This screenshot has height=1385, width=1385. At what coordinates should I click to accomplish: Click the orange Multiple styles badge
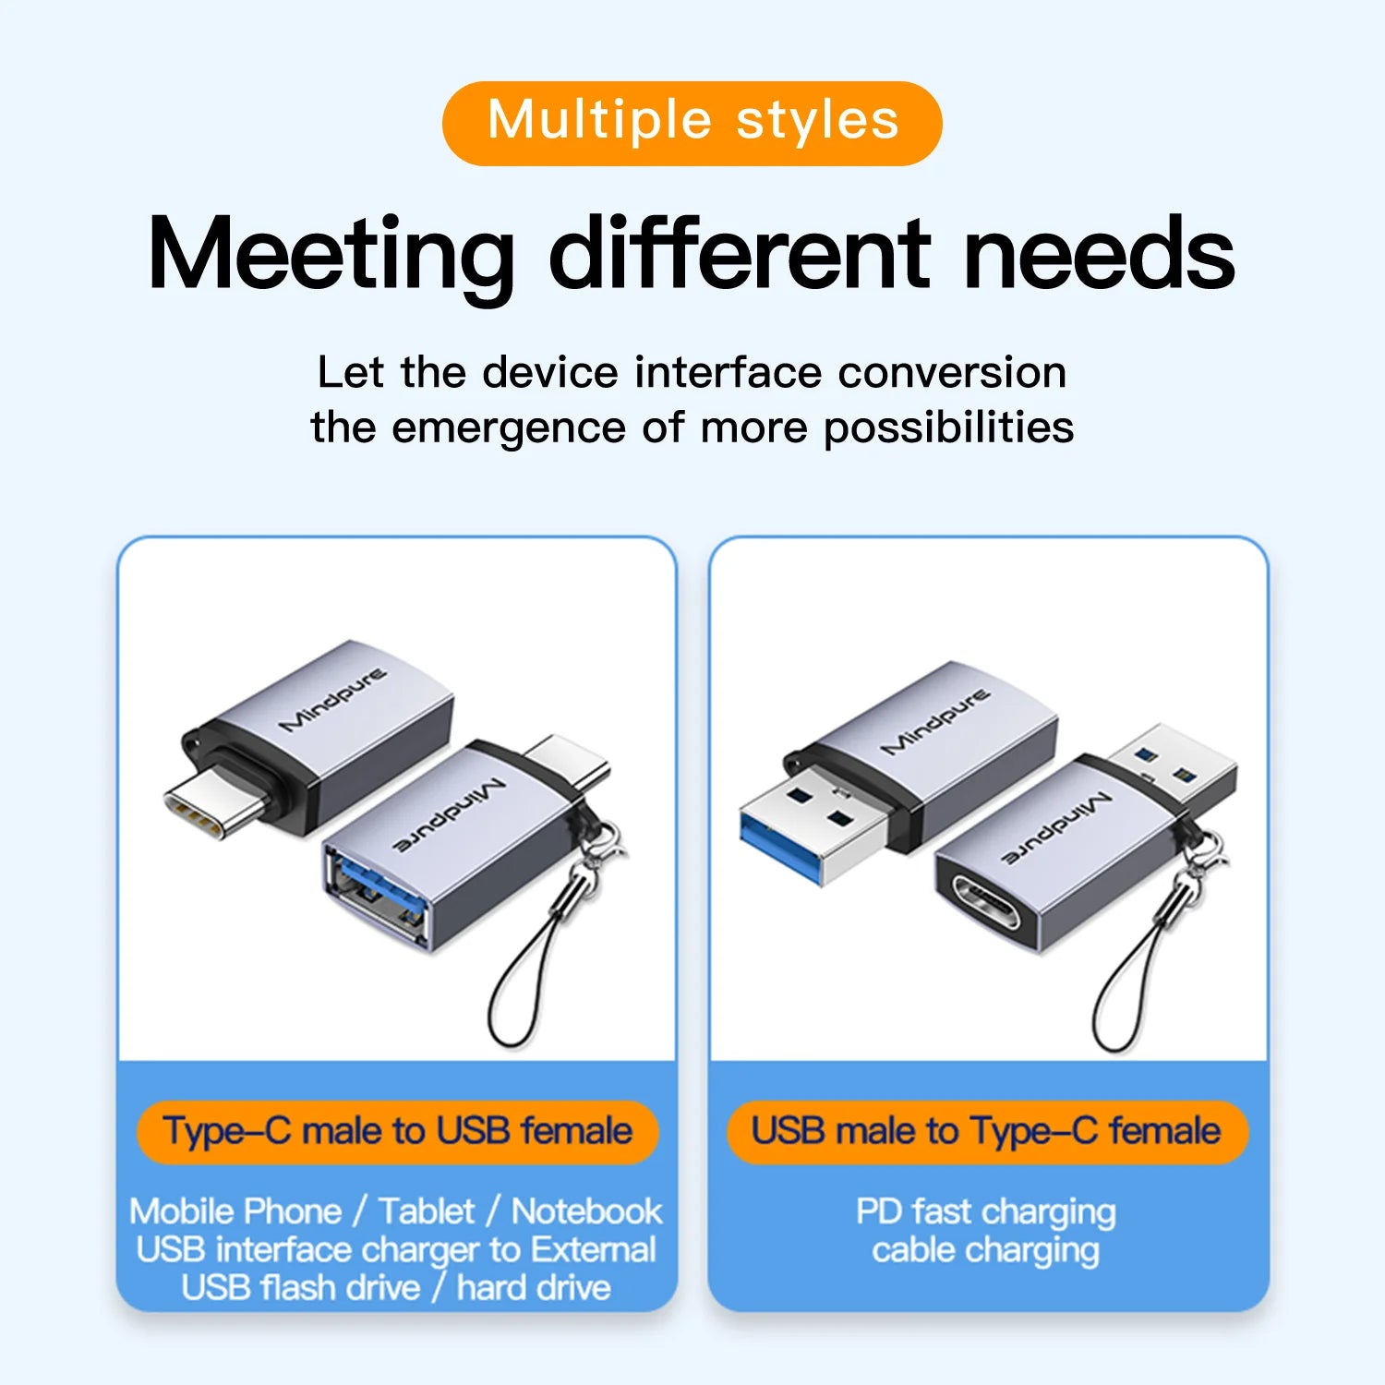click(x=692, y=123)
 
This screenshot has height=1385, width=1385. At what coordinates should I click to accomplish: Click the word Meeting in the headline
click(x=331, y=253)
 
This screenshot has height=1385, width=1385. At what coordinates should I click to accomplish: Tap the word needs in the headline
click(x=1098, y=253)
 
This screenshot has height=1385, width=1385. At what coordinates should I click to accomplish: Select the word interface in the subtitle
click(x=728, y=372)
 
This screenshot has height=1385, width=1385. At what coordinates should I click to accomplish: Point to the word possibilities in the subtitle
click(x=948, y=428)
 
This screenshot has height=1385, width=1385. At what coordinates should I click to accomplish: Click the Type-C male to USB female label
click(x=397, y=1131)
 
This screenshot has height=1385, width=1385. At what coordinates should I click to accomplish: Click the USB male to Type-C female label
click(x=986, y=1131)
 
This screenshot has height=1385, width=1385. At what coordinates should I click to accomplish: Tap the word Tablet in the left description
click(x=427, y=1210)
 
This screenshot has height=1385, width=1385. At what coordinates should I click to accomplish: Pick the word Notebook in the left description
click(x=587, y=1210)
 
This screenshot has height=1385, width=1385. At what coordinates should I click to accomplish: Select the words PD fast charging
click(x=986, y=1210)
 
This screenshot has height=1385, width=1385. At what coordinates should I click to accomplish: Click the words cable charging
click(x=986, y=1250)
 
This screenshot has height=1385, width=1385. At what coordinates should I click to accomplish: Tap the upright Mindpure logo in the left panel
click(x=332, y=699)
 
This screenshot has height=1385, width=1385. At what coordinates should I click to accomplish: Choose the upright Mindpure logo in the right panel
click(x=934, y=720)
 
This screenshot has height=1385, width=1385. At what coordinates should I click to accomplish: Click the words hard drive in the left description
click(x=534, y=1287)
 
